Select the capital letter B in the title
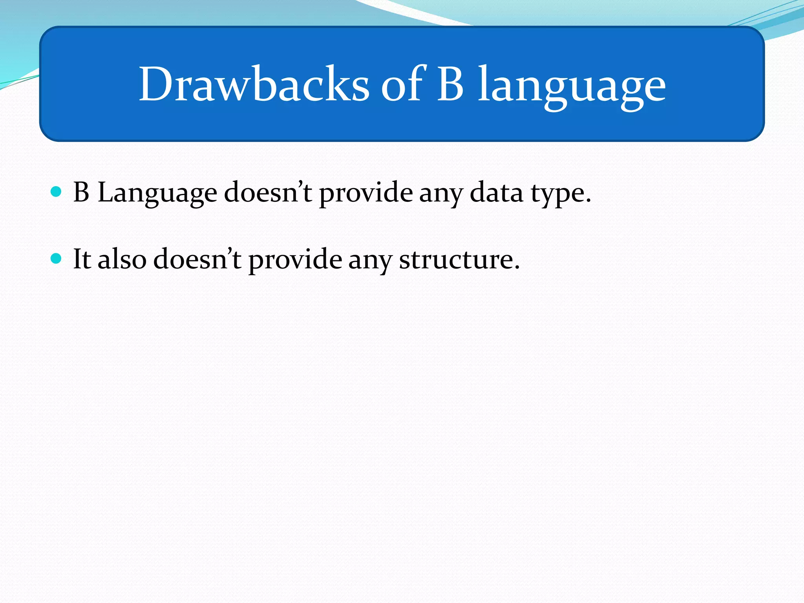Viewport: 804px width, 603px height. click(450, 85)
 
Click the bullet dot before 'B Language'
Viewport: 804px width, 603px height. click(57, 192)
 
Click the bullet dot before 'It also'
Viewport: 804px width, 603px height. click(57, 258)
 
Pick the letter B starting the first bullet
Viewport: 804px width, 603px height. click(81, 192)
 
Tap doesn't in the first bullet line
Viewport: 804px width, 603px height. click(268, 192)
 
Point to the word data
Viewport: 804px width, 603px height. click(497, 192)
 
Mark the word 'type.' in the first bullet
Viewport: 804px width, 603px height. click(561, 195)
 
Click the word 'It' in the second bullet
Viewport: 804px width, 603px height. click(82, 259)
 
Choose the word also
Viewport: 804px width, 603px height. click(122, 259)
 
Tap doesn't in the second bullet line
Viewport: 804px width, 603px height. click(197, 259)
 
